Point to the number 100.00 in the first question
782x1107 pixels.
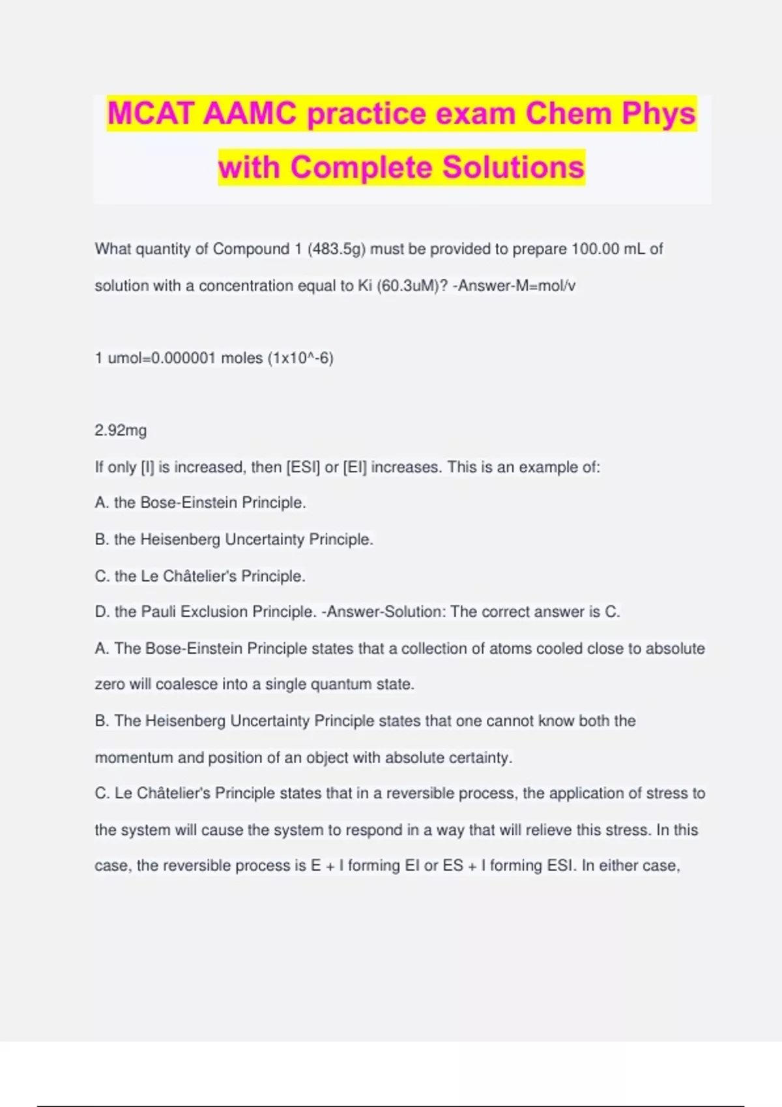[595, 249]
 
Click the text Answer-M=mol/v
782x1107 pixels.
[516, 286]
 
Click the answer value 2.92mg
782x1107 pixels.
[121, 430]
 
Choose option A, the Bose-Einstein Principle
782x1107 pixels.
[200, 503]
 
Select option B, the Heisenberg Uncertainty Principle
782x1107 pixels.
[234, 539]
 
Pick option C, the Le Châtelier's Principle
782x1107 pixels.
[200, 576]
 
